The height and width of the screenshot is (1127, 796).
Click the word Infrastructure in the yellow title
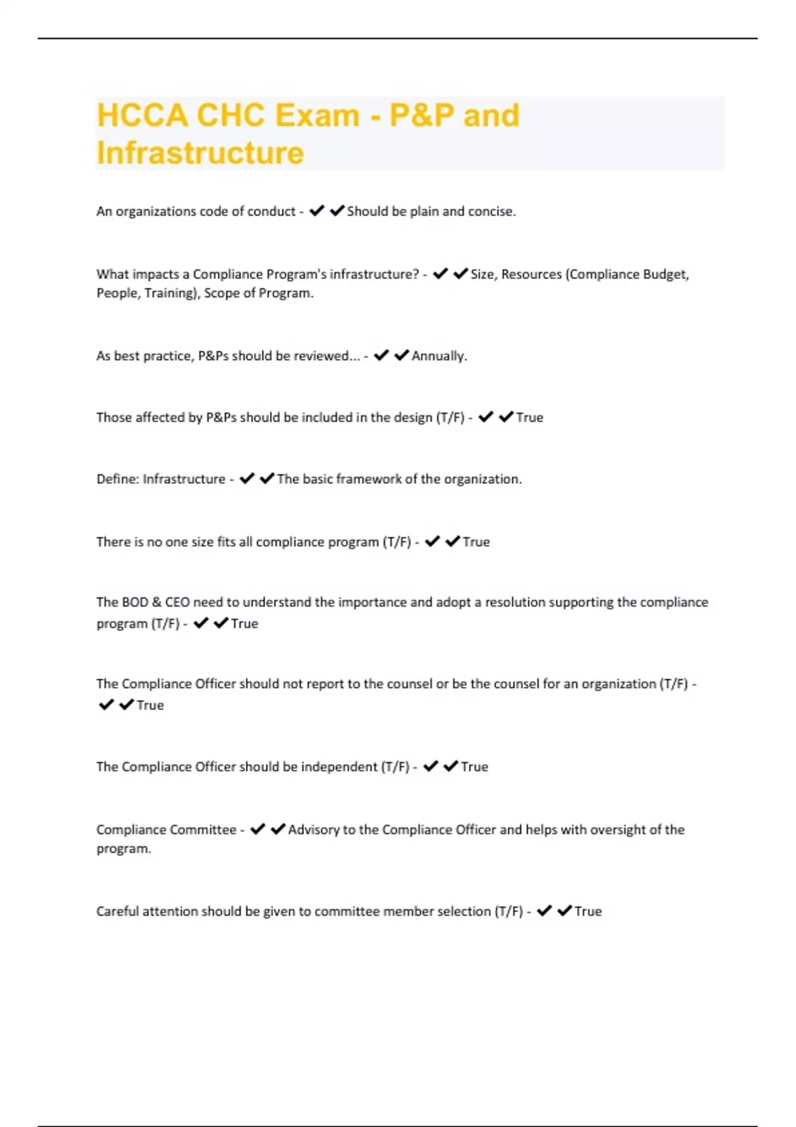point(200,152)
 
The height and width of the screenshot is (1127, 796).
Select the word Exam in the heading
point(317,115)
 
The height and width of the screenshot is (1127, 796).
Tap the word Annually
point(438,356)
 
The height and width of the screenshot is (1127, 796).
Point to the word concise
point(491,211)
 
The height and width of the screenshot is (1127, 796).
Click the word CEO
point(176,603)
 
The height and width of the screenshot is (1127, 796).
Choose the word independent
point(339,767)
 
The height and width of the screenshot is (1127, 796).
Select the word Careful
point(117,912)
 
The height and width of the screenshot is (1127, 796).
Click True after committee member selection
point(588,912)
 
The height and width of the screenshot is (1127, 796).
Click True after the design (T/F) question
point(529,418)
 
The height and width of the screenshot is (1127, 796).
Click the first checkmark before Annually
point(381,356)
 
